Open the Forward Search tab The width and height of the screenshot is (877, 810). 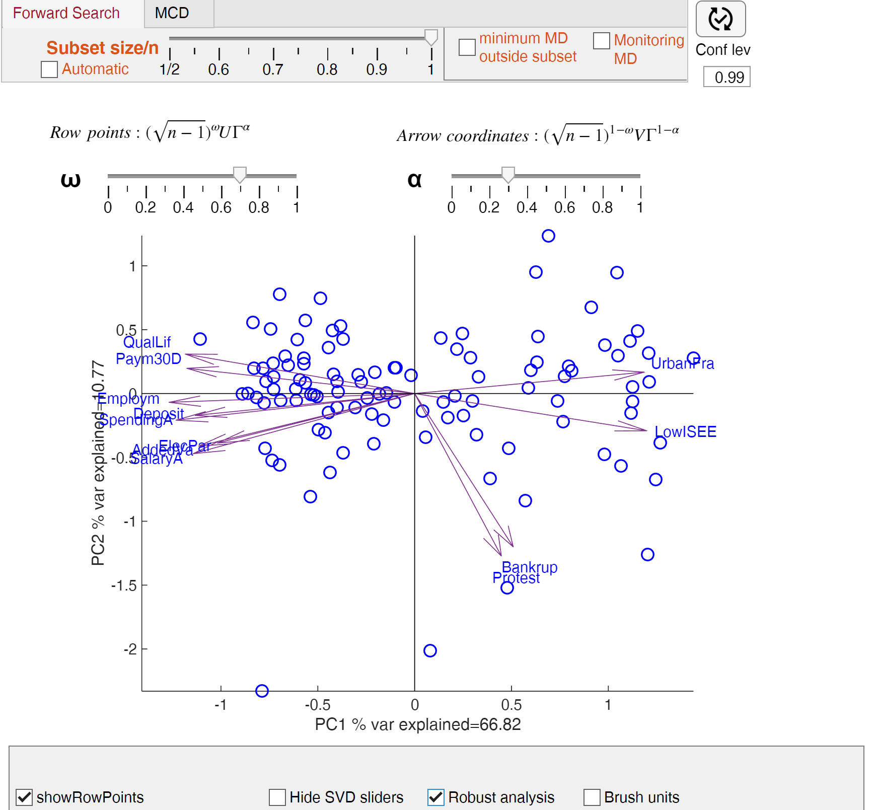pyautogui.click(x=66, y=13)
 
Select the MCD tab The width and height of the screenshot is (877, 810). pyautogui.click(x=172, y=13)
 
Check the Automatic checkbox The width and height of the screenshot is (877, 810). pyautogui.click(x=49, y=69)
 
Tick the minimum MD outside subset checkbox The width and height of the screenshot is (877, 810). pyautogui.click(x=467, y=47)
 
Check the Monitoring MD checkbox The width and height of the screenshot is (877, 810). pyautogui.click(x=601, y=41)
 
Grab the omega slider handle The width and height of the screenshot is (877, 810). pyautogui.click(x=240, y=175)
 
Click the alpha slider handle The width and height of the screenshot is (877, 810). pyautogui.click(x=508, y=175)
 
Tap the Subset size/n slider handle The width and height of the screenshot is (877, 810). pyautogui.click(x=431, y=37)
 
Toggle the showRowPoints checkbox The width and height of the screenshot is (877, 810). pyautogui.click(x=24, y=797)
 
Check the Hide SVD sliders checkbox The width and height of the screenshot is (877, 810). pyautogui.click(x=277, y=797)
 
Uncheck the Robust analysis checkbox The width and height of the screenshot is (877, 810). pyautogui.click(x=436, y=797)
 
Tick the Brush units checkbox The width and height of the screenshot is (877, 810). pyautogui.click(x=592, y=797)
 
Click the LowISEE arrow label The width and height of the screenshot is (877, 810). pyautogui.click(x=685, y=432)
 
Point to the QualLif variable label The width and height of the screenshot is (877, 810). pyautogui.click(x=147, y=342)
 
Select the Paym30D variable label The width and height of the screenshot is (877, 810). pyautogui.click(x=149, y=359)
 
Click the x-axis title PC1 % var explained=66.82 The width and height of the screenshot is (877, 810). pyautogui.click(x=417, y=724)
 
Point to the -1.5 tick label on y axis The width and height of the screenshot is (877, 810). pyautogui.click(x=124, y=585)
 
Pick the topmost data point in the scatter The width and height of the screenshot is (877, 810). pyautogui.click(x=548, y=236)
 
